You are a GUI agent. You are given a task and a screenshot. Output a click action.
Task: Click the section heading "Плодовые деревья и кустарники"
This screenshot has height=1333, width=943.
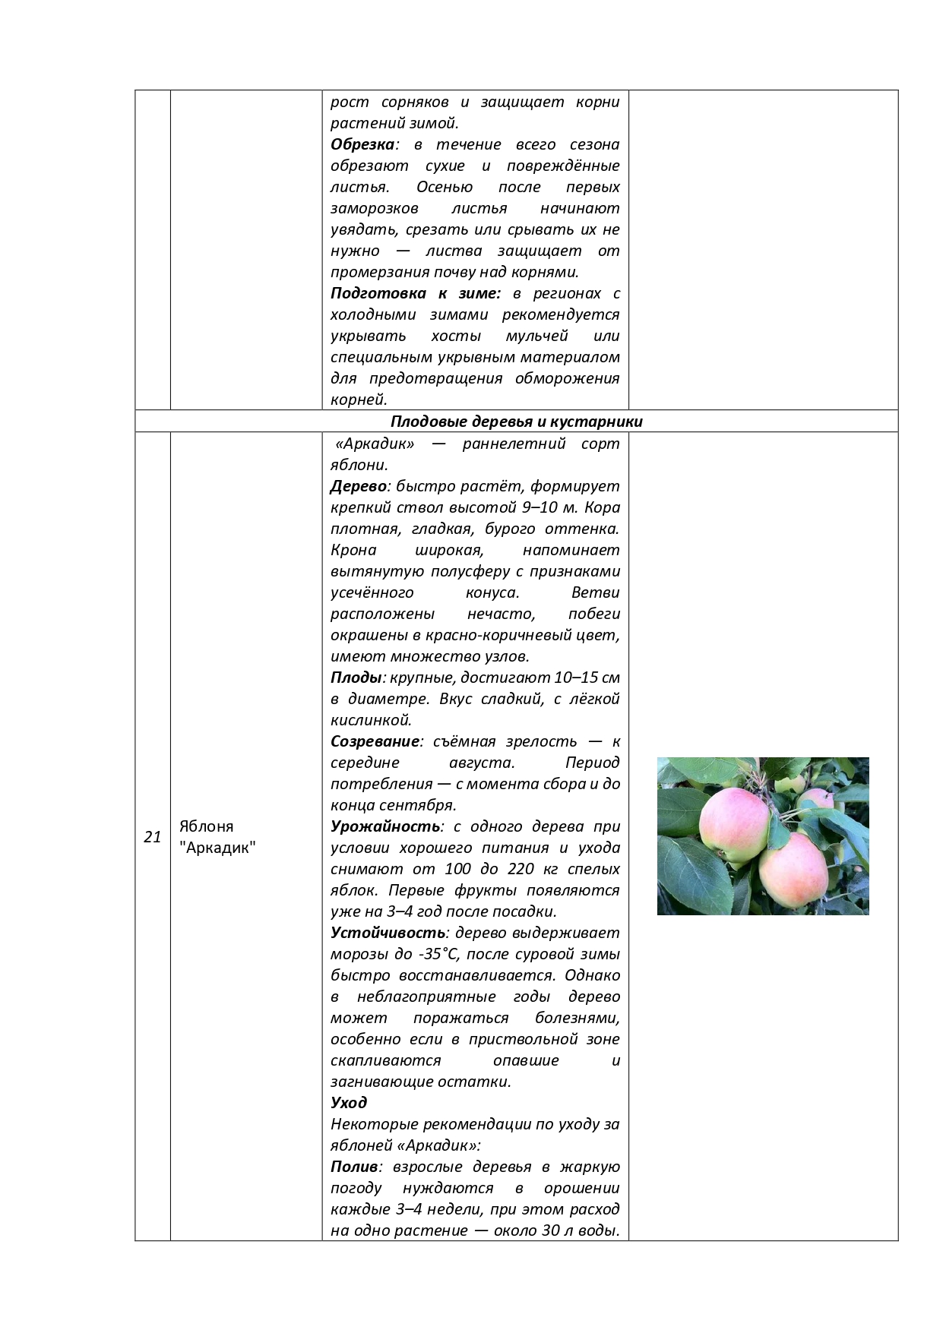pyautogui.click(x=516, y=422)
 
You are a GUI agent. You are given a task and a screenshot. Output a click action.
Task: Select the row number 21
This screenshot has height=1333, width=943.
pyautogui.click(x=152, y=837)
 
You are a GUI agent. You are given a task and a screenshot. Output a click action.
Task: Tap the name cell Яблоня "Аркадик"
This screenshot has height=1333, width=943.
pyautogui.click(x=217, y=837)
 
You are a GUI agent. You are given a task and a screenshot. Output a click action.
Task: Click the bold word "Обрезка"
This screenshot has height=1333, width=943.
pyautogui.click(x=362, y=144)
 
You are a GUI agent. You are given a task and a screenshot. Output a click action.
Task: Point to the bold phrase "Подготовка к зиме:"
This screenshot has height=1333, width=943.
pyautogui.click(x=416, y=293)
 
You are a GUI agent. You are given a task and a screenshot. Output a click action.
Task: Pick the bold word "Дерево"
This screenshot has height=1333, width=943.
pyautogui.click(x=359, y=486)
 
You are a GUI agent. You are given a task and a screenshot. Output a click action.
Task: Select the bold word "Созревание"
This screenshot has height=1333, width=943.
pyautogui.click(x=375, y=741)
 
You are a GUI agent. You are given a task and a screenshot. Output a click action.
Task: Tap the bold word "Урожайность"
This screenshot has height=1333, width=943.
pyautogui.click(x=385, y=826)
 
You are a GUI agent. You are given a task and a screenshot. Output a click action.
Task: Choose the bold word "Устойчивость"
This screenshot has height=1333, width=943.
pyautogui.click(x=388, y=933)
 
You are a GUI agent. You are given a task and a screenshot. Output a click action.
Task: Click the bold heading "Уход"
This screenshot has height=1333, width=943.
pyautogui.click(x=349, y=1102)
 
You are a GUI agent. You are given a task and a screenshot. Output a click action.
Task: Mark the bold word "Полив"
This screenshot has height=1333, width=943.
pyautogui.click(x=353, y=1167)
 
